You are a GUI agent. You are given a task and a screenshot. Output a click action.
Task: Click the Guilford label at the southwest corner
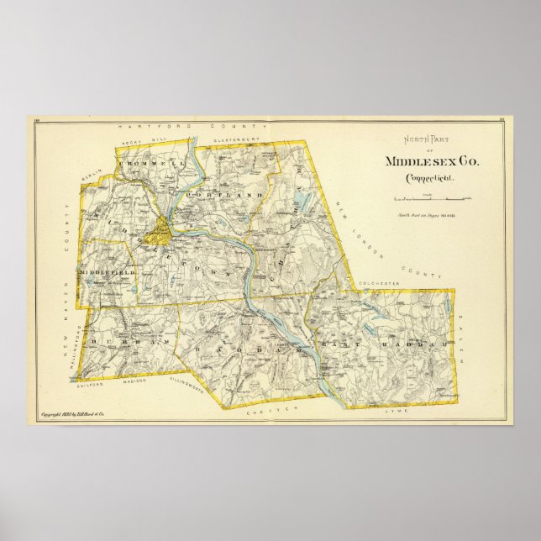[x=86, y=386]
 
